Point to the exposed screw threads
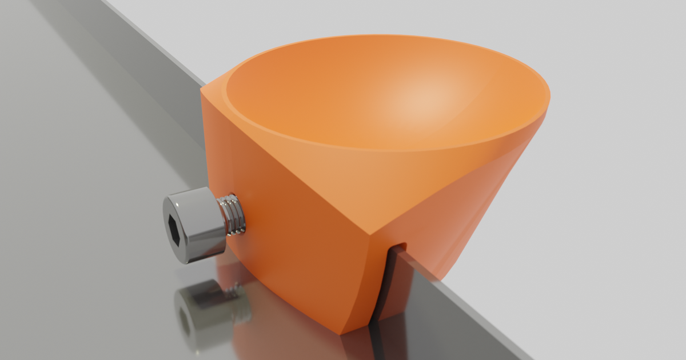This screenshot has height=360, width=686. pyautogui.click(x=232, y=215)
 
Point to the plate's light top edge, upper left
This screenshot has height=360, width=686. pyautogui.click(x=154, y=34)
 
